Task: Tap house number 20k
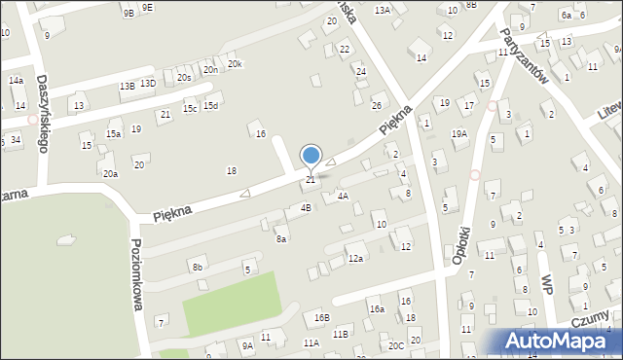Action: tap(235, 64)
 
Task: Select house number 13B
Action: tap(127, 86)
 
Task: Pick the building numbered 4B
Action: tap(306, 207)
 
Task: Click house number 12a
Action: tap(356, 258)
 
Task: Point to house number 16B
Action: tap(321, 317)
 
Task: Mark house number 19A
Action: tap(458, 133)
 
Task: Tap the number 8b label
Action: tap(198, 266)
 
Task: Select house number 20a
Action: tap(110, 173)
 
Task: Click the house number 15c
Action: tap(190, 107)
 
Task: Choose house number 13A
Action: tap(383, 10)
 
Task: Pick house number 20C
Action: tap(395, 345)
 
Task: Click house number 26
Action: tap(377, 105)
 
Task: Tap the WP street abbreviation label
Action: tap(547, 284)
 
